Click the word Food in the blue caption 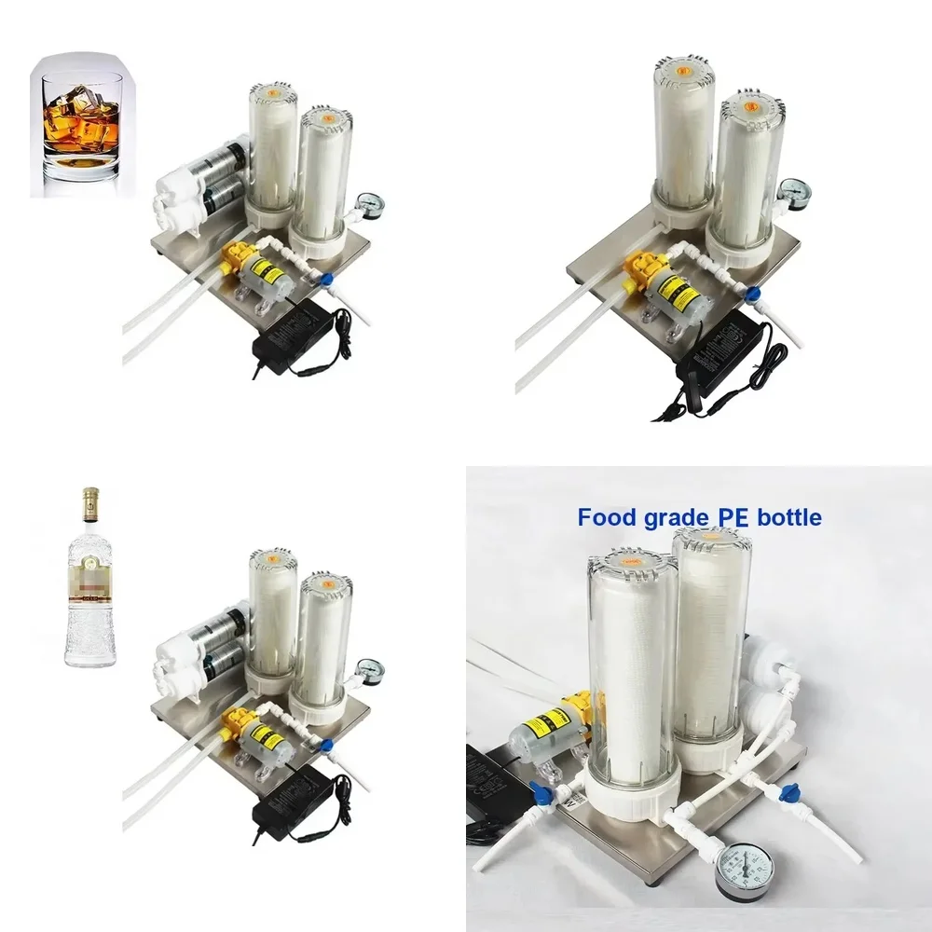(607, 516)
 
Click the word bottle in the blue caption (788, 516)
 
